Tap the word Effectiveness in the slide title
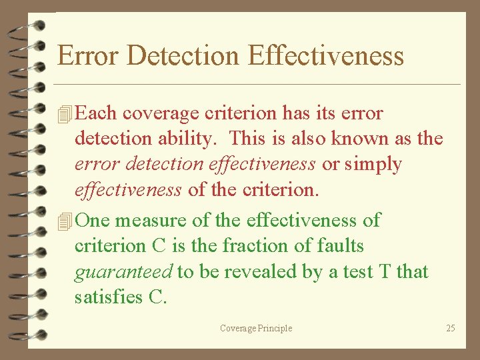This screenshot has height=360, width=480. [x=326, y=55]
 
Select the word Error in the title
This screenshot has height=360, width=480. [x=88, y=55]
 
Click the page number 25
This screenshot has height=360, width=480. [x=451, y=328]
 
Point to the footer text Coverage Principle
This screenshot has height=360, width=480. [x=256, y=328]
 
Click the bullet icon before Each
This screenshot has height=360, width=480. [x=65, y=114]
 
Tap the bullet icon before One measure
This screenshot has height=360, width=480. [x=65, y=221]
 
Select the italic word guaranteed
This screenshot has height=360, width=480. [x=123, y=271]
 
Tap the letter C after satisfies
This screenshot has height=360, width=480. [x=155, y=297]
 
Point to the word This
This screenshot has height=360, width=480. [x=249, y=139]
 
